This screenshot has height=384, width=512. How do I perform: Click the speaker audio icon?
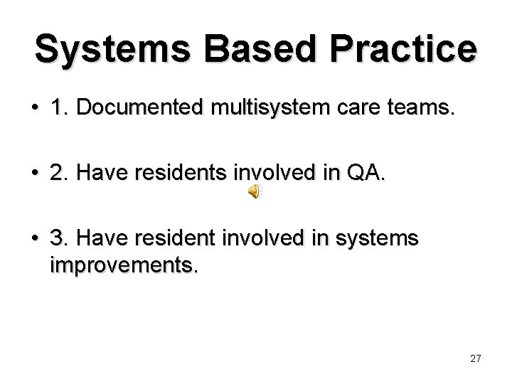pyautogui.click(x=254, y=191)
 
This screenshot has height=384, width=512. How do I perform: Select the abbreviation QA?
pyautogui.click(x=366, y=174)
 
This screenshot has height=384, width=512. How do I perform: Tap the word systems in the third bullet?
pyautogui.click(x=378, y=238)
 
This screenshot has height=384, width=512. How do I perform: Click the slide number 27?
pyautogui.click(x=476, y=358)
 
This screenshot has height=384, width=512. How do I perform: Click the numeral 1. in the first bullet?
pyautogui.click(x=58, y=109)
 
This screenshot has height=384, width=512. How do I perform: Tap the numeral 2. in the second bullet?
pyautogui.click(x=58, y=174)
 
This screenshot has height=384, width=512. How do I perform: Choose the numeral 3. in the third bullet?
pyautogui.click(x=58, y=238)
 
